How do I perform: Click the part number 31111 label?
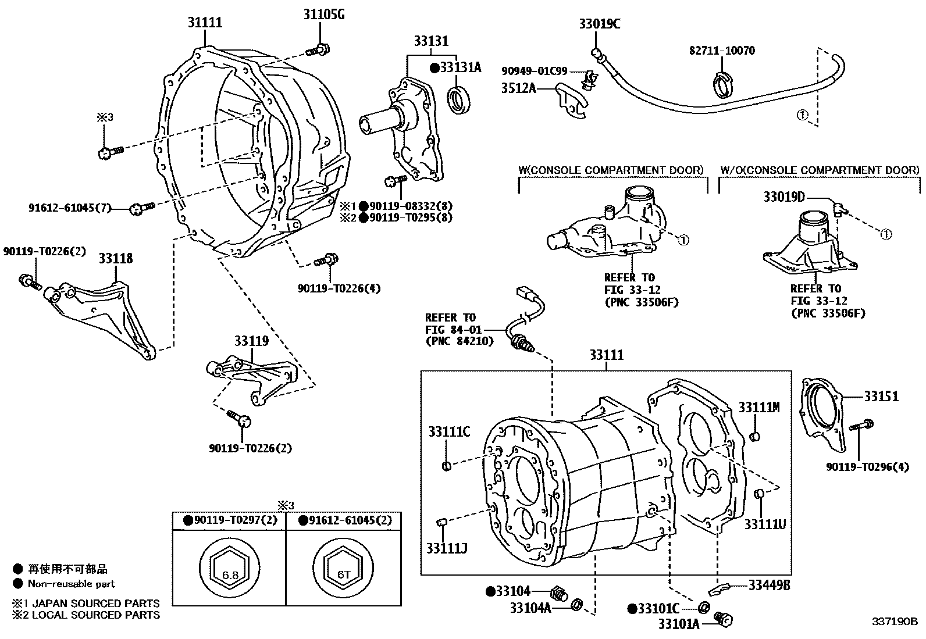tap(205, 23)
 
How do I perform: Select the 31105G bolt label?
tap(324, 15)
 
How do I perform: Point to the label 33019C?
tap(600, 24)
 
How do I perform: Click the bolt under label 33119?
tap(238, 417)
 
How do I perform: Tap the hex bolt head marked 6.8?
tap(230, 574)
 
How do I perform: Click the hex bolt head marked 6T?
tap(344, 574)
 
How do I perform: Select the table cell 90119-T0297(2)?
tap(229, 520)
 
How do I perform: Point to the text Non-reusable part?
tap(71, 584)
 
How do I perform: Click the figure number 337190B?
tap(893, 622)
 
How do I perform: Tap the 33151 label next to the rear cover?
tap(881, 397)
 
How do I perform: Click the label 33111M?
tap(759, 408)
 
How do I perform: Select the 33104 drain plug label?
tap(512, 591)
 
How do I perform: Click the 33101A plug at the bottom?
tap(724, 620)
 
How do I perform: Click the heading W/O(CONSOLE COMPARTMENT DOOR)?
tap(820, 170)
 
